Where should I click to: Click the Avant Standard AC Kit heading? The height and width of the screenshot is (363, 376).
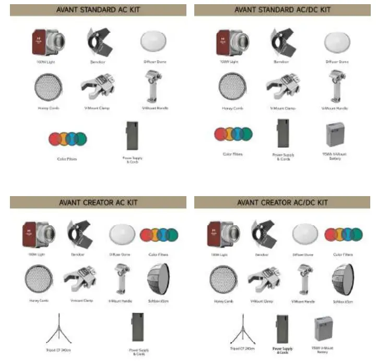(x=98, y=9)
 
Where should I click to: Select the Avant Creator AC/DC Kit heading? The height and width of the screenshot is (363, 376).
(x=283, y=202)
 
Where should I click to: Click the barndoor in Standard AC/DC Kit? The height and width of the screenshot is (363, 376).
(x=282, y=42)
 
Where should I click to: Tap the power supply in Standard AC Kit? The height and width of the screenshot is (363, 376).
(x=133, y=136)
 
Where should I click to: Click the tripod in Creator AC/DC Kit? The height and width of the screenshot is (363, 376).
(x=242, y=328)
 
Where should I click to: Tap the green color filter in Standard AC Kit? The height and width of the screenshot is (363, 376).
(x=80, y=139)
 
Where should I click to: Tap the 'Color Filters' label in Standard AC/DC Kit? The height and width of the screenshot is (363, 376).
(x=232, y=154)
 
